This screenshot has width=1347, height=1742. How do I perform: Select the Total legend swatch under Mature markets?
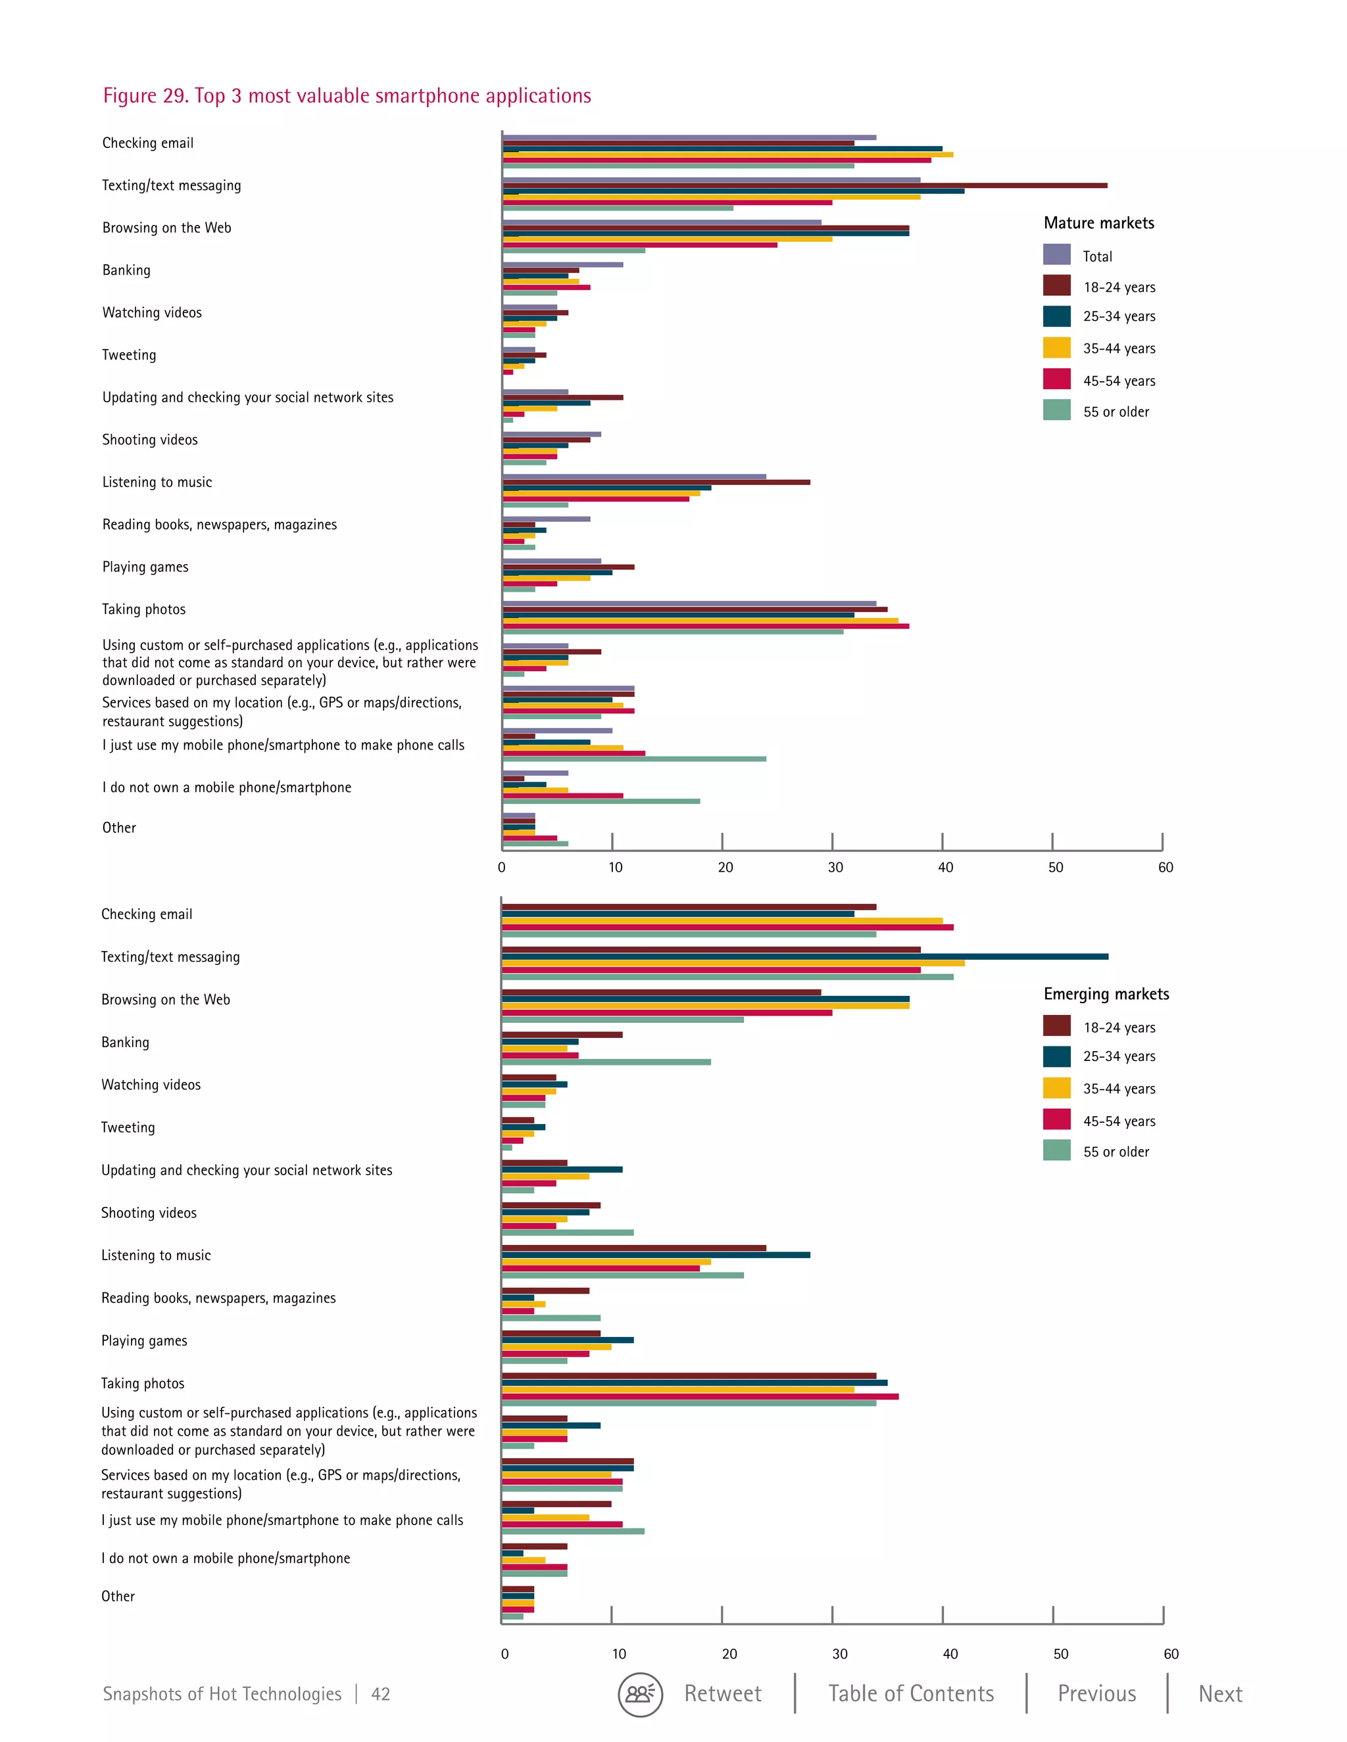pos(1056,255)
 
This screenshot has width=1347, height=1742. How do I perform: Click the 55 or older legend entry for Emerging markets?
pos(1115,1152)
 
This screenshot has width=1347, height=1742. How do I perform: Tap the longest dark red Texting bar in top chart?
pos(804,185)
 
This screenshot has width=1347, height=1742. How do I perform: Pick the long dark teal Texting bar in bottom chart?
pos(804,956)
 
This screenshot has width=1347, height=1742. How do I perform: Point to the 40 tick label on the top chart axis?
pos(945,867)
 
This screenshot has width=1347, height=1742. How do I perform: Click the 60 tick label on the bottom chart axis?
pos(1171,1653)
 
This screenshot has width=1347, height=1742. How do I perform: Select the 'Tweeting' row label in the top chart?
pos(130,355)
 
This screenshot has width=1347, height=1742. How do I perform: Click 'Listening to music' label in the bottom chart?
pos(157,1256)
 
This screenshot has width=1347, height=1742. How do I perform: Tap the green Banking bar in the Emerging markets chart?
pos(606,1062)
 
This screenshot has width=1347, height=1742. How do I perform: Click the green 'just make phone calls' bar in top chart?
pos(635,759)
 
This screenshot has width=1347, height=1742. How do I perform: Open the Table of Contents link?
pos(910,1693)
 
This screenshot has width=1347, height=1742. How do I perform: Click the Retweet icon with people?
pos(640,1694)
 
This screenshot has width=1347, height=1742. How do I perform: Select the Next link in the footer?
pos(1220,1693)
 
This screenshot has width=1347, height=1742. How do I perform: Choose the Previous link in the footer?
pos(1096,1693)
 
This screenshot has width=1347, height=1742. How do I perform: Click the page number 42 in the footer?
pos(381,1694)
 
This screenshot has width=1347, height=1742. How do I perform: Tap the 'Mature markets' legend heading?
pos(1099,224)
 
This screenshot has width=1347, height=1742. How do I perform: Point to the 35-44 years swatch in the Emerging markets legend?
pos(1056,1088)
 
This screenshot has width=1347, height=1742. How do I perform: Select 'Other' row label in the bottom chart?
pos(118,1596)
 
